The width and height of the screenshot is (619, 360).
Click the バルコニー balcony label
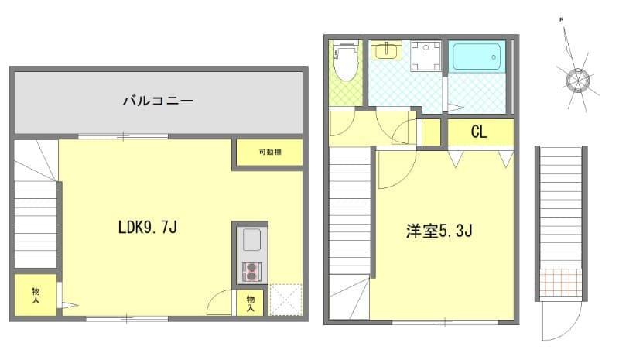click(157, 101)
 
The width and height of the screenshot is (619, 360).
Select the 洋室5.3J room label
click(439, 231)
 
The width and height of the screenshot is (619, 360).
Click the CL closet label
click(479, 132)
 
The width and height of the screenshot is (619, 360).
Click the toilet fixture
click(345, 62)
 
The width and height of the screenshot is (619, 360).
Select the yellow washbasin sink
click(384, 51)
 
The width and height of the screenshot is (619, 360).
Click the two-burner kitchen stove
click(252, 271)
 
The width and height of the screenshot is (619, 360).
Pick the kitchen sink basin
click(252, 241)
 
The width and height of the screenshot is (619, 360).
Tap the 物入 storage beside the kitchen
click(251, 303)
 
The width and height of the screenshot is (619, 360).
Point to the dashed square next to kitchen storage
click(284, 300)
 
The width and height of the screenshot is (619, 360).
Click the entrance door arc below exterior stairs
click(553, 321)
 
